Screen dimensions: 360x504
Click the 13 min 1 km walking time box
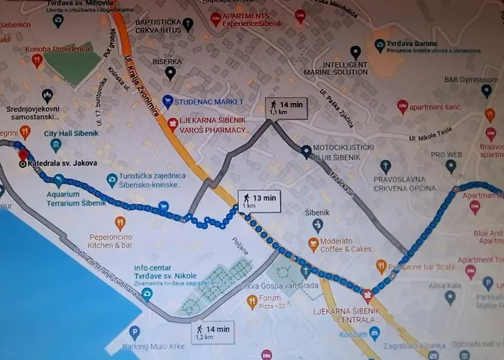[x=258, y=201]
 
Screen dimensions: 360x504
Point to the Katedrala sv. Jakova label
[x=55, y=163]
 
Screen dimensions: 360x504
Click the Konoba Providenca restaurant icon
[x=37, y=60]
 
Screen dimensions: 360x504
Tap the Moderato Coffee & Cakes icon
[x=313, y=244]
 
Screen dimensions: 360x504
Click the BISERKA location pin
[x=171, y=72]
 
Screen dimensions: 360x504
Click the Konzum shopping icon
[x=374, y=334]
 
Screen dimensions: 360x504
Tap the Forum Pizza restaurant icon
[x=252, y=302]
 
